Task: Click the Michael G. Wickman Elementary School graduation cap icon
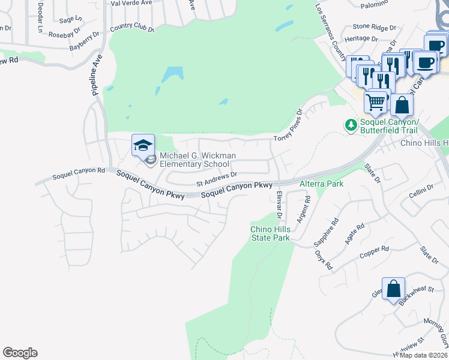[143, 145]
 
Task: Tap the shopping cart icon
[376, 102]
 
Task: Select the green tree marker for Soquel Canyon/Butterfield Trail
[350, 125]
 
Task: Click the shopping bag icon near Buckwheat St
[393, 289]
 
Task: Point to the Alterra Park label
[321, 184]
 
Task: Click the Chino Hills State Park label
[270, 233]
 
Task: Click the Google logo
[20, 353]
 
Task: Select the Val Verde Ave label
[131, 3]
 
